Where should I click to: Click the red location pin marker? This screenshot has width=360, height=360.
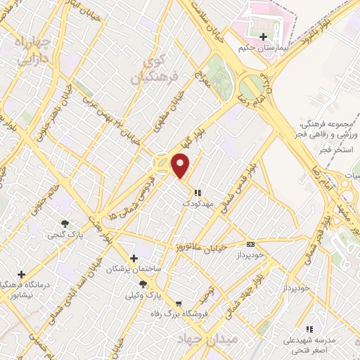click(x=182, y=166)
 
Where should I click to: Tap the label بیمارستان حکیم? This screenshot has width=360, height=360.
click(x=264, y=47)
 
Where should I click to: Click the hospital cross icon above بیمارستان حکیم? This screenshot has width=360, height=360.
click(x=264, y=37)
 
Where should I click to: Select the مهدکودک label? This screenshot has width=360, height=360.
click(x=196, y=202)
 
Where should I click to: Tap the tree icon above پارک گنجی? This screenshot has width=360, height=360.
click(x=65, y=224)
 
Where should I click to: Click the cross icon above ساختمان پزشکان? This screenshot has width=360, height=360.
click(x=134, y=258)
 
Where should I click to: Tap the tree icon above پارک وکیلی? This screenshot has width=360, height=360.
click(x=143, y=283)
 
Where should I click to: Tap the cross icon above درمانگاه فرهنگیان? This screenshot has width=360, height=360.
click(x=22, y=274)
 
